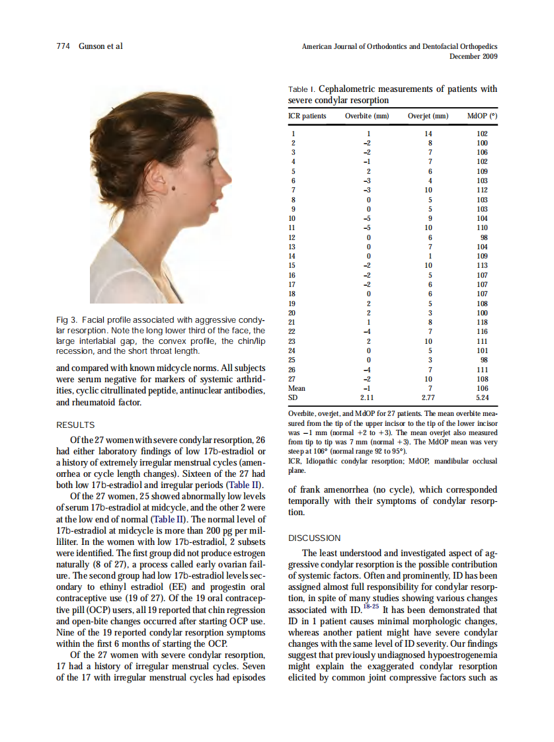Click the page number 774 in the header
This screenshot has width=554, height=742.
tap(64, 46)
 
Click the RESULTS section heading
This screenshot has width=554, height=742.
tap(75, 425)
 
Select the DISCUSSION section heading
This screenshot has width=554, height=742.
tap(315, 538)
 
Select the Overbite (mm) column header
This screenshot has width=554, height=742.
tap(367, 116)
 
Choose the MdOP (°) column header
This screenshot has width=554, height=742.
tap(482, 116)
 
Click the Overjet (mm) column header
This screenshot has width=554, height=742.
tap(428, 116)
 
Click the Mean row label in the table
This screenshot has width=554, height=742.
tap(297, 389)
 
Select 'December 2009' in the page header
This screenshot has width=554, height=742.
tap(473, 57)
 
